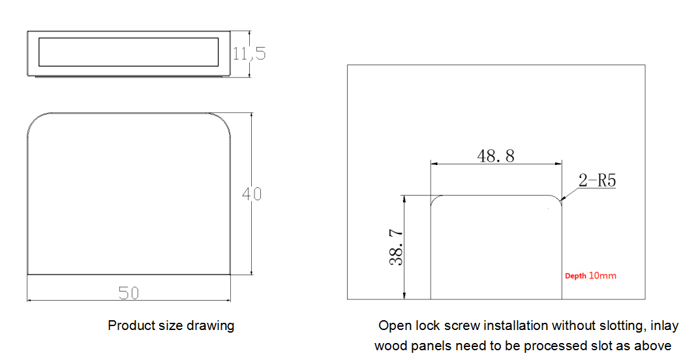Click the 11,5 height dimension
pos(249,53)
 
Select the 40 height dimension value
pos(251,194)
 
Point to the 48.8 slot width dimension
pos(496,156)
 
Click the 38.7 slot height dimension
pos(396,247)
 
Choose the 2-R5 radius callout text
pos(598,181)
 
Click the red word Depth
pos(575,276)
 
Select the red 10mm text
pos(602,276)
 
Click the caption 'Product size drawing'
pos(171,325)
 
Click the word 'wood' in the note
pos(390,346)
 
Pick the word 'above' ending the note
pos(654,346)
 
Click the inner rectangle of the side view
pos(129,52)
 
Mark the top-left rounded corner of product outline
pos(34,120)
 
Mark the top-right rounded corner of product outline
pos(224,120)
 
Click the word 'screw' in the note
pos(466,325)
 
